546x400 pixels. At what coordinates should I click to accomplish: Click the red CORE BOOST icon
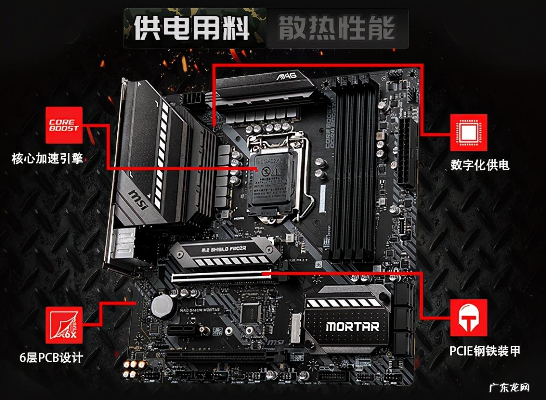(x=64, y=125)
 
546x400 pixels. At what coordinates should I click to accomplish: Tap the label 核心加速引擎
(x=47, y=160)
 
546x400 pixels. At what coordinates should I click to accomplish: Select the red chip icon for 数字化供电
(x=468, y=132)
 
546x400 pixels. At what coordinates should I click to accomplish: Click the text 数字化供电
(x=480, y=165)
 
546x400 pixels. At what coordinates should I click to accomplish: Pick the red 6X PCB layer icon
(x=64, y=324)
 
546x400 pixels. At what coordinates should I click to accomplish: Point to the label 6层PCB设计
(x=51, y=358)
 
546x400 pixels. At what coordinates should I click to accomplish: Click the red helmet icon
(x=468, y=317)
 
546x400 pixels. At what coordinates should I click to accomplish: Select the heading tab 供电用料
(x=192, y=29)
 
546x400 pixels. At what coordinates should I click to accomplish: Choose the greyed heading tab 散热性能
(x=337, y=29)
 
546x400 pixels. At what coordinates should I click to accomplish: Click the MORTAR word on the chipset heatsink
(x=352, y=327)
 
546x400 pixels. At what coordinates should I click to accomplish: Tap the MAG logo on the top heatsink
(x=286, y=78)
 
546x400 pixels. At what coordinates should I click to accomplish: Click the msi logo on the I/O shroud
(x=139, y=200)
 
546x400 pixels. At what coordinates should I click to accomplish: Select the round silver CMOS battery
(x=163, y=305)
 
